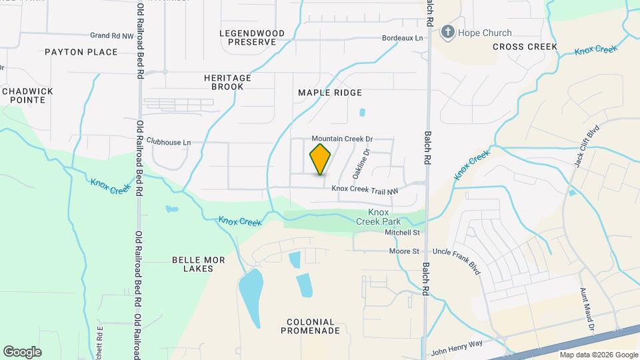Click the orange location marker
321,159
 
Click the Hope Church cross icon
448,32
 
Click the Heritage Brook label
227,82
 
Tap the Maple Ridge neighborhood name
329,93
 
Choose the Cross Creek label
525,47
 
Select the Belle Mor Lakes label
192,264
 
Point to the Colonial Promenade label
313,326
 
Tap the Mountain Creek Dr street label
342,139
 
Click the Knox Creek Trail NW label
364,190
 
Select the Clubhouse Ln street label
169,142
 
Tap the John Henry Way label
456,349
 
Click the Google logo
22,351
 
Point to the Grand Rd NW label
111,35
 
